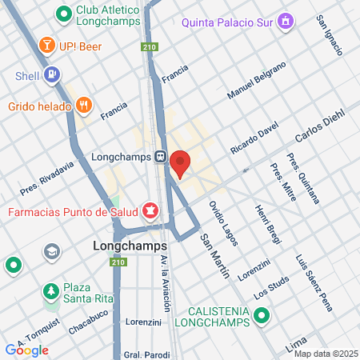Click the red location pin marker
tap(180, 162)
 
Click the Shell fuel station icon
tap(52, 76)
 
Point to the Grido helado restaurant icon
tap(84, 105)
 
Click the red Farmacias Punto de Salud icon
tap(149, 211)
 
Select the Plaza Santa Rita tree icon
tap(51, 289)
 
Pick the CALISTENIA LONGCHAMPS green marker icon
tap(260, 316)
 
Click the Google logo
tap(26, 350)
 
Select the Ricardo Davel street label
tap(254, 138)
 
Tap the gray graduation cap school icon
tap(52, 250)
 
